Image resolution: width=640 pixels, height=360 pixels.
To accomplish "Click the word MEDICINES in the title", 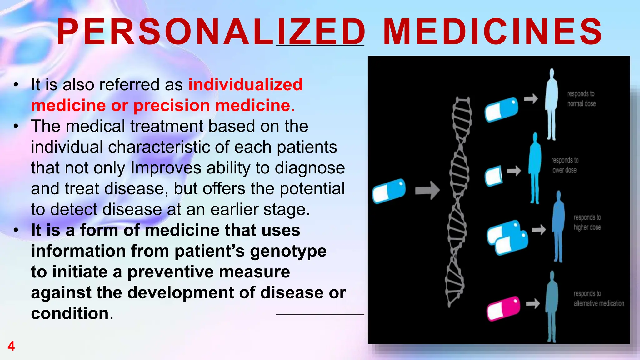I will (x=492, y=32).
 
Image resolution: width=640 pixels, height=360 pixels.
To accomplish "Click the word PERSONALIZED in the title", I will (x=211, y=32).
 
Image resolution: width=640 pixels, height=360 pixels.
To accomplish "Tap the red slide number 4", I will (x=11, y=346).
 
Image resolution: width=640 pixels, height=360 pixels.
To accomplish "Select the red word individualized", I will (x=245, y=84).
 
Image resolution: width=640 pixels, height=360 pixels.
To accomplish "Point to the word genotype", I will (x=288, y=251).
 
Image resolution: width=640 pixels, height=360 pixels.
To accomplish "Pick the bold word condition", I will (x=70, y=313).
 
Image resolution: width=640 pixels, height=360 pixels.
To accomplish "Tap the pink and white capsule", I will (x=503, y=308).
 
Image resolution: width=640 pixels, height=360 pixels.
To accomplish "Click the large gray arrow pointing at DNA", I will (x=427, y=190).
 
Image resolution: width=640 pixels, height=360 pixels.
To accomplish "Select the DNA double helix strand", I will (x=458, y=200).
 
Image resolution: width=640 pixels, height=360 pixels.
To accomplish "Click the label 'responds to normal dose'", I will (x=581, y=99).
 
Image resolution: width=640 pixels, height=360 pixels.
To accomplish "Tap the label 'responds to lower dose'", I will (x=564, y=165).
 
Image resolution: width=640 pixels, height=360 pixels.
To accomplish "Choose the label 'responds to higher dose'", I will (x=587, y=222).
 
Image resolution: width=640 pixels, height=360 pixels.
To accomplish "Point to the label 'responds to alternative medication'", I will (x=598, y=298).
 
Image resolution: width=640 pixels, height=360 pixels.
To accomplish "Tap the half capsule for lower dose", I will (x=493, y=176).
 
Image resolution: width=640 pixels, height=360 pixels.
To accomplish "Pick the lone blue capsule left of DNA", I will (x=389, y=191).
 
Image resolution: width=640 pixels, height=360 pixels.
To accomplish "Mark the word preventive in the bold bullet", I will (x=209, y=272).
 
